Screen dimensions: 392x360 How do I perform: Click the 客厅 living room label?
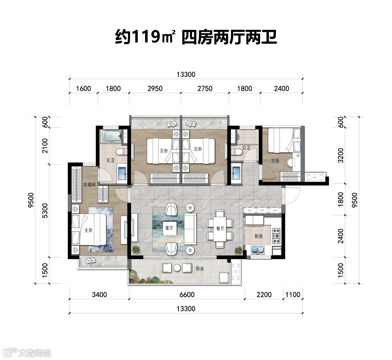(169, 228)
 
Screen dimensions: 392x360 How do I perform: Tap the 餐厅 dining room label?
(220, 228)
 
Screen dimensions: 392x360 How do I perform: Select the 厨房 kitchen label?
(258, 236)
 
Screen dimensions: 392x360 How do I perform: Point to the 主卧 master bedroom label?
(88, 230)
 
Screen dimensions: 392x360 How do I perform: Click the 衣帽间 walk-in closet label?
(89, 185)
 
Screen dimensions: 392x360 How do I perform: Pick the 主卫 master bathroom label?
(110, 160)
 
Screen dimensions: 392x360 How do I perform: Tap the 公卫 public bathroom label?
(246, 147)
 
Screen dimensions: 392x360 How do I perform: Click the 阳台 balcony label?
(200, 269)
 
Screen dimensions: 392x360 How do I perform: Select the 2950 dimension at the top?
(155, 89)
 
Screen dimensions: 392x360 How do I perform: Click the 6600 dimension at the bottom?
(187, 295)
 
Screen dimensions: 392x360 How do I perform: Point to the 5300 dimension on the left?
(45, 211)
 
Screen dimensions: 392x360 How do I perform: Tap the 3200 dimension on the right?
(340, 155)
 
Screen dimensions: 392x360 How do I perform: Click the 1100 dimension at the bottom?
(293, 295)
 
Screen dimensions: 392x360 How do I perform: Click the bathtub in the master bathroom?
(110, 136)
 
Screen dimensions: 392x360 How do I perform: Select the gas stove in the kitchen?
(276, 236)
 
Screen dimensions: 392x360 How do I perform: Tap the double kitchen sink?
(258, 250)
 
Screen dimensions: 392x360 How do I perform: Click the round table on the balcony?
(177, 268)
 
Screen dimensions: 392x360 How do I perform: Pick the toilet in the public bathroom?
(236, 151)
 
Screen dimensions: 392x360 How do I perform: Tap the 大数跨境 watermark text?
(35, 353)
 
